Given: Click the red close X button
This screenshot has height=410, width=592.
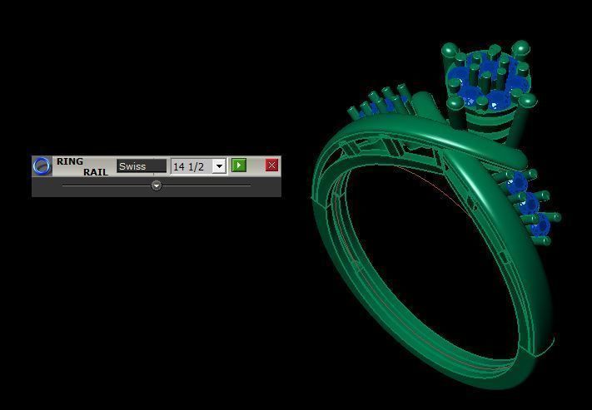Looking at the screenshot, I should tap(271, 165).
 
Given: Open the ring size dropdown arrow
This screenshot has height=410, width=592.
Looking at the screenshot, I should tap(219, 166).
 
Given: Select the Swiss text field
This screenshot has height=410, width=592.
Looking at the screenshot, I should tap(141, 166).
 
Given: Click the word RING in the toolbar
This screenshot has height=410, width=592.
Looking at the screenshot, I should tap(70, 161).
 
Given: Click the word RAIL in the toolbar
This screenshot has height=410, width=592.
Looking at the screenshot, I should tap(95, 172).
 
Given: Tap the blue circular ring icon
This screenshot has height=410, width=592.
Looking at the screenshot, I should tap(42, 166).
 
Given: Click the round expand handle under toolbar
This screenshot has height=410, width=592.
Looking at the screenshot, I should tap(157, 186).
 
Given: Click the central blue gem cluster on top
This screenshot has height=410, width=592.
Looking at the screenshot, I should tap(487, 81).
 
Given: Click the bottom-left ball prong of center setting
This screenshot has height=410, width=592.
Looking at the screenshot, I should tap(455, 103).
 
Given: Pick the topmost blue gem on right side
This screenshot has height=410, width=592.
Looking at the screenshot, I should tap(517, 182).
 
